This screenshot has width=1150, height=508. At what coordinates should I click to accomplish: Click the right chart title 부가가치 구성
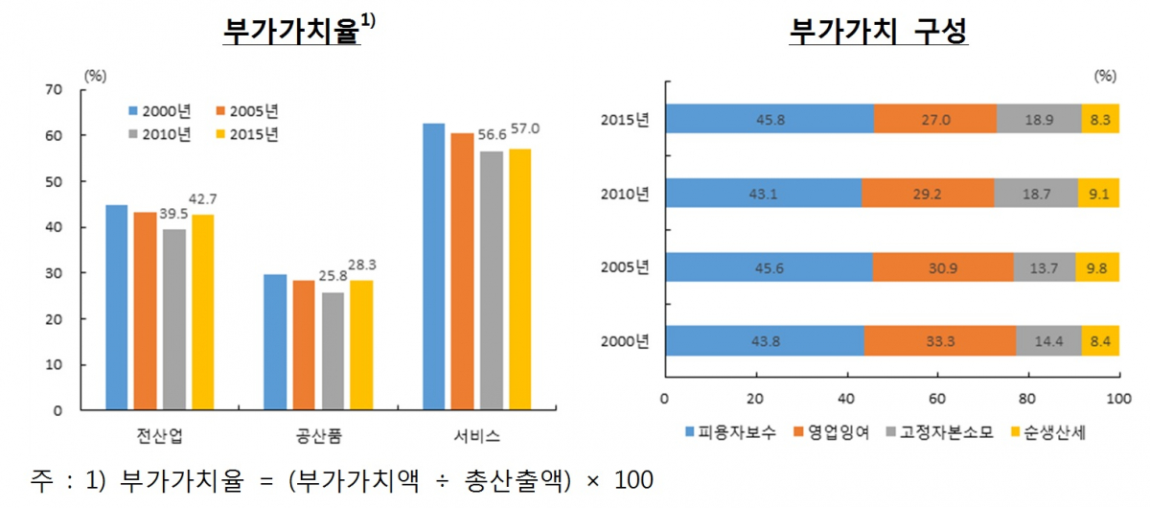pyautogui.click(x=879, y=32)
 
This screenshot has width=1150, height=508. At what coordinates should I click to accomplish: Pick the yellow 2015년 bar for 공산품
pyautogui.click(x=361, y=345)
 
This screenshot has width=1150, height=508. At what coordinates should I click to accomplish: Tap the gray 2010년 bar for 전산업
pyautogui.click(x=174, y=319)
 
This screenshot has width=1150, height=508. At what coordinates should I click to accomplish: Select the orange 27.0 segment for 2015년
pyautogui.click(x=934, y=119)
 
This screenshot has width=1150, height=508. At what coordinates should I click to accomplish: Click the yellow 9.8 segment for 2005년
pyautogui.click(x=1097, y=267)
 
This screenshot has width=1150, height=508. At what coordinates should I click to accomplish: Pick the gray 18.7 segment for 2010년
pyautogui.click(x=1036, y=193)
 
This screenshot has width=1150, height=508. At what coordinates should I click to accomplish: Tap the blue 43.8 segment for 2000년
pyautogui.click(x=764, y=341)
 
